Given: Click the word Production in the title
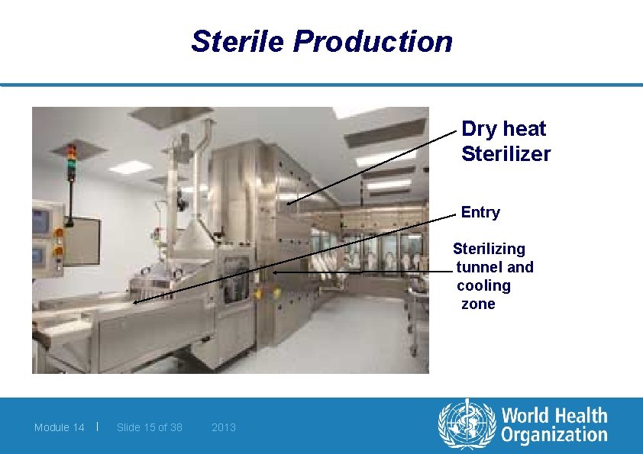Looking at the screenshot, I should point(372,41).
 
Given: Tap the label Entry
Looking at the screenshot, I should point(480,212).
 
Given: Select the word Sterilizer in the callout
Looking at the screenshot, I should point(506,154).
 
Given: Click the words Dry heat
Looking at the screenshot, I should point(503,129).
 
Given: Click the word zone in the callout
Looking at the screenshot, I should point(478,304).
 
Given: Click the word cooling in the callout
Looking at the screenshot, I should point(483,285).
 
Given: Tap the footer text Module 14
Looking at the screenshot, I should point(59,427).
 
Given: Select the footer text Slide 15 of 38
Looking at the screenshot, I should point(150,427).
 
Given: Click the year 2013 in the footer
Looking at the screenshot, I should point(224,427).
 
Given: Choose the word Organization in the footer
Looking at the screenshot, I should point(554,436).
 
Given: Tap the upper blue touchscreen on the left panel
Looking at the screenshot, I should point(40,222).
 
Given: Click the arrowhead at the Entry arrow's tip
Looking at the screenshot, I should point(135,302).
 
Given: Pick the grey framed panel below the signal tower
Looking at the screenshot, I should point(82,240).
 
